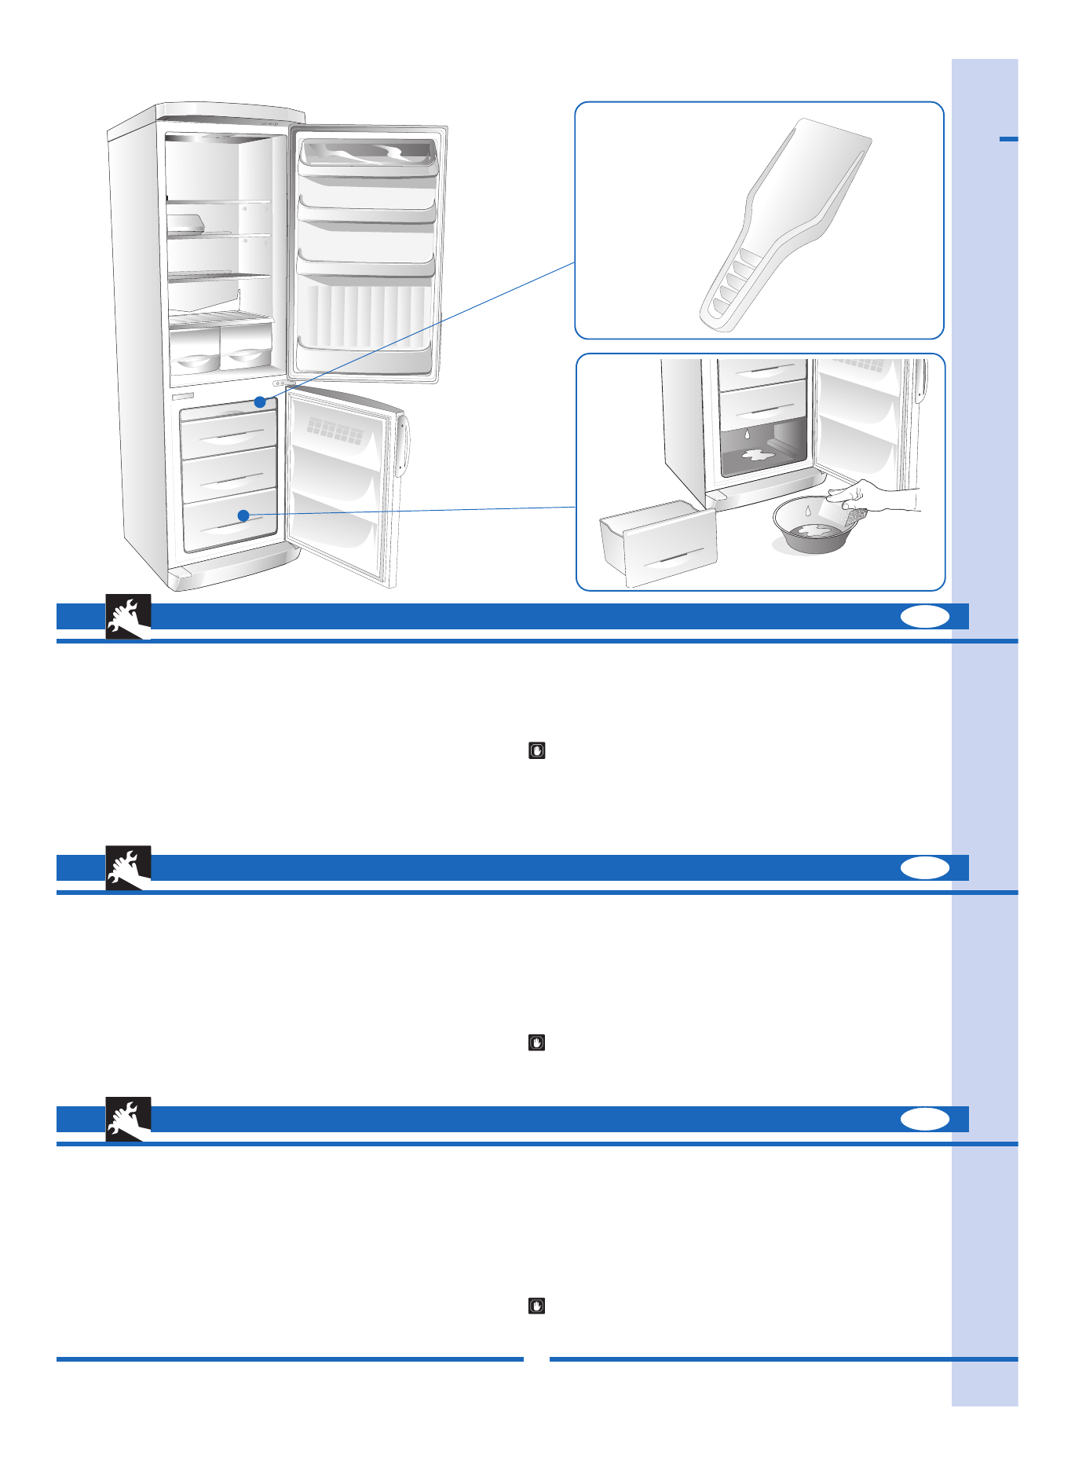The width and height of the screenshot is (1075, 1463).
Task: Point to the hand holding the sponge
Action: tap(872, 498)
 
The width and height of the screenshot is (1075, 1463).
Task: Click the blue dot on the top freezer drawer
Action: tap(260, 401)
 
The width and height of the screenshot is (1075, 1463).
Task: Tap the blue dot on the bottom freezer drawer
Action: tap(243, 515)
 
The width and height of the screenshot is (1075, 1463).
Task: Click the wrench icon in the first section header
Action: tap(127, 617)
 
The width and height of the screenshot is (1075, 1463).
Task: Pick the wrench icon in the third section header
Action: tap(127, 1120)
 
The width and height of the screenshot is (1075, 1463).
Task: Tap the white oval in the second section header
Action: tap(924, 867)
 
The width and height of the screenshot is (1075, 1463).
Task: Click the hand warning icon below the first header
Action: tap(537, 750)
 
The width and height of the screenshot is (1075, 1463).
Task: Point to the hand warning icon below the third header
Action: tap(537, 1306)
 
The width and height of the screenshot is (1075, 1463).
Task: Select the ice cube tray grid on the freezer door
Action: tap(335, 430)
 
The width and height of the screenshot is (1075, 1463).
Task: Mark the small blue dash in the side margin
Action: tap(1008, 139)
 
